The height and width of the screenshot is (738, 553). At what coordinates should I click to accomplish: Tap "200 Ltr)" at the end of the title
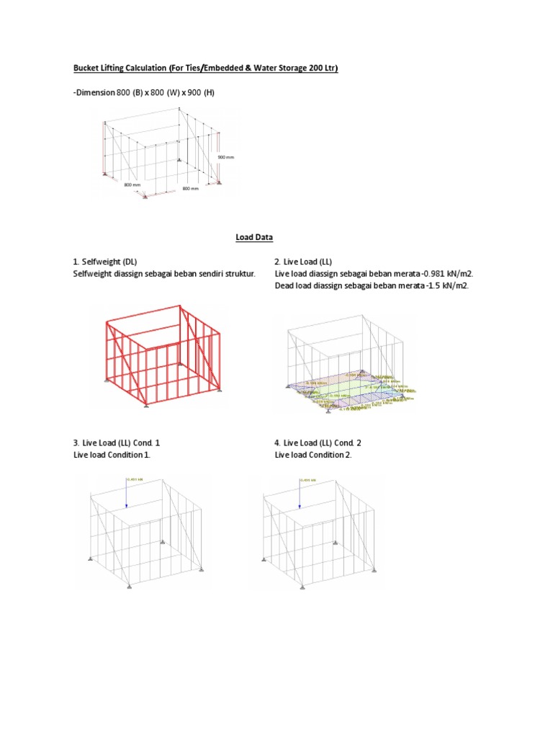[320, 68]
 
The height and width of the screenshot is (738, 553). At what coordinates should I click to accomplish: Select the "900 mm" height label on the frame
[225, 156]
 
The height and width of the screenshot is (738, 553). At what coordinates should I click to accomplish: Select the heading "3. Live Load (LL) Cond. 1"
[122, 443]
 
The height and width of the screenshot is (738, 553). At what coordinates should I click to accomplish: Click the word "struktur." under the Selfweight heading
[237, 274]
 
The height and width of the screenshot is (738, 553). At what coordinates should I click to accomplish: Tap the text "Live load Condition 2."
[313, 455]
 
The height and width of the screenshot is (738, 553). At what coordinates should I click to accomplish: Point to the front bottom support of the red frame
[147, 406]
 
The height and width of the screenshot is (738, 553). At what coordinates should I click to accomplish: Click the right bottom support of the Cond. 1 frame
[199, 572]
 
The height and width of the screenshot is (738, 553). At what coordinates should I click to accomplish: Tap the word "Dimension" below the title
[95, 93]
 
